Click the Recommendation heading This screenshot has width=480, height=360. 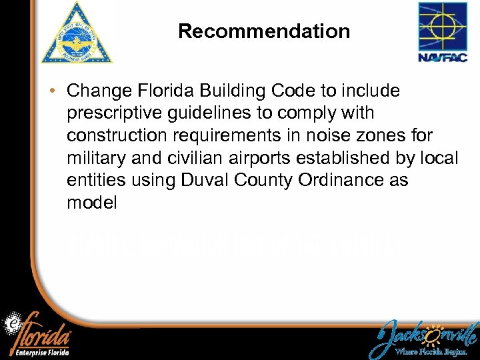point(264,31)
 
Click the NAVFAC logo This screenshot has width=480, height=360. point(442,32)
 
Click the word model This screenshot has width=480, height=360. point(92,203)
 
